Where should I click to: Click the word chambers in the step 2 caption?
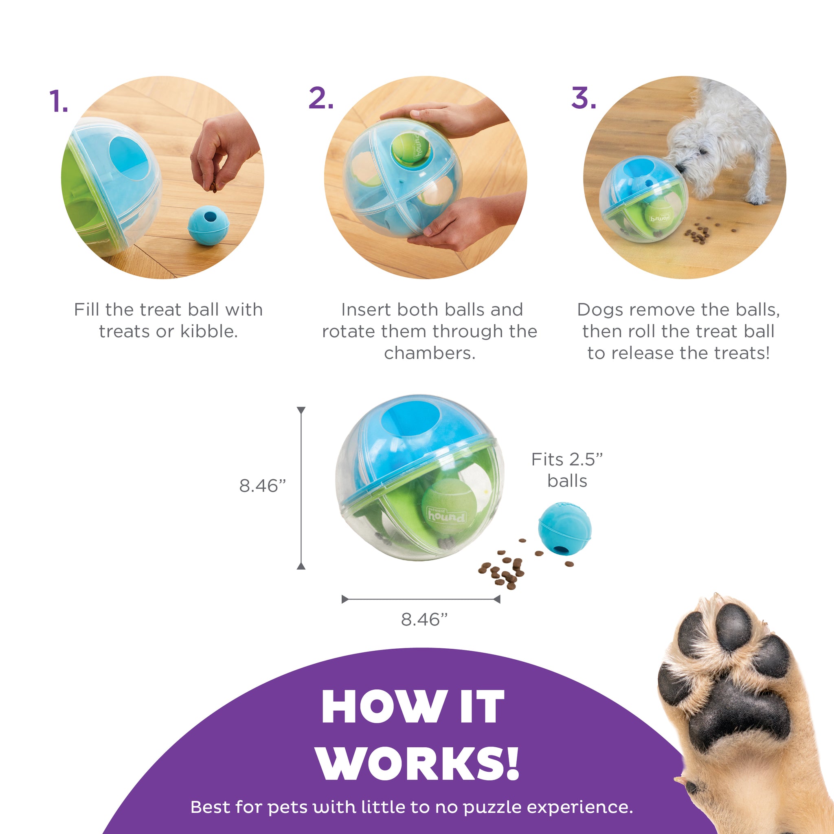pos(430,353)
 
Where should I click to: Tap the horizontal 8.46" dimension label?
pos(424,619)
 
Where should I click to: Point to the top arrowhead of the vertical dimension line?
pos(301,410)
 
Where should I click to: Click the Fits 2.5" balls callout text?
pos(567,470)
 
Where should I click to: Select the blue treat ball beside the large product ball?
pos(565,528)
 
